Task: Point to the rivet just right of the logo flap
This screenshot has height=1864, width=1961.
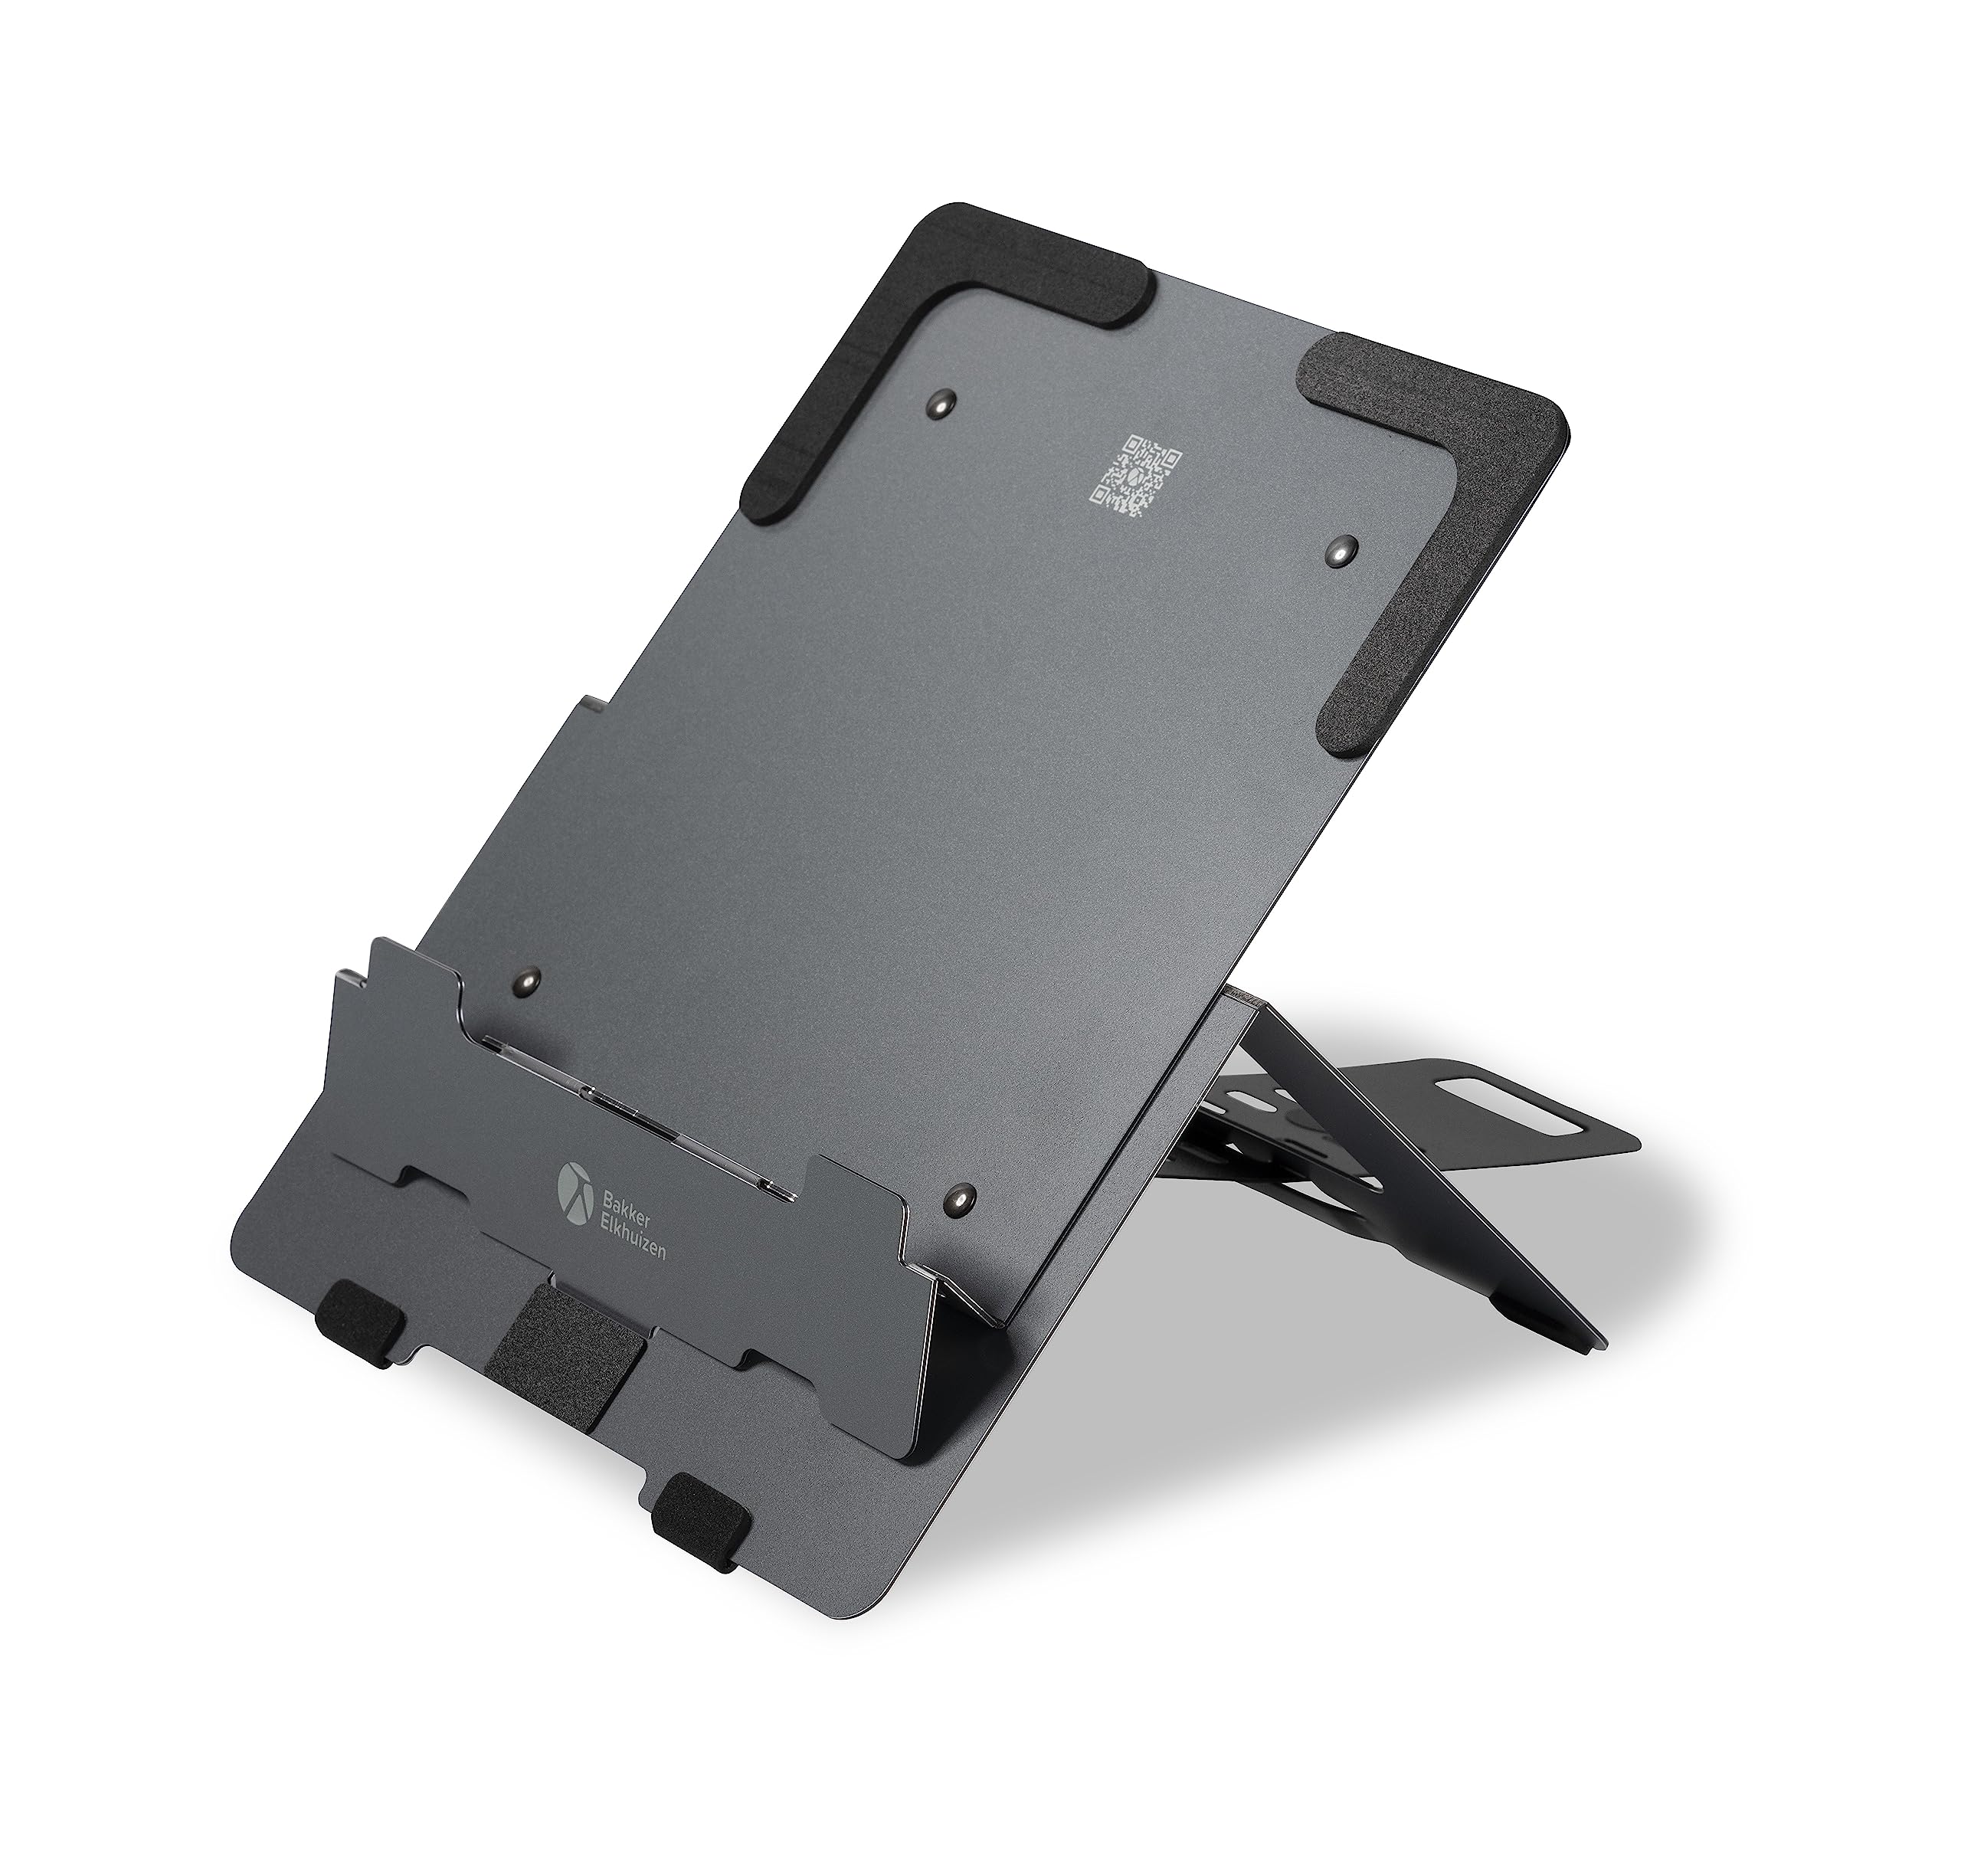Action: point(960,1199)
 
